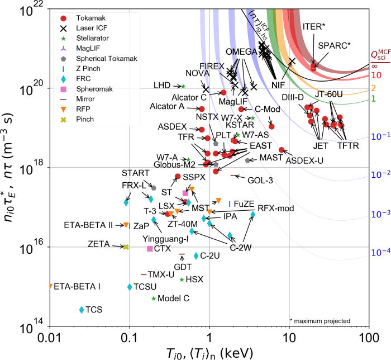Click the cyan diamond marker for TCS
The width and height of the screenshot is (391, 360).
[x=82, y=310]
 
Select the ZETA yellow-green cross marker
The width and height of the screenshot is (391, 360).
[x=126, y=247]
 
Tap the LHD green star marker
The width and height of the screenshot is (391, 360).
[x=183, y=86]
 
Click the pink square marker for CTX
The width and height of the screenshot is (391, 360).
[x=150, y=249]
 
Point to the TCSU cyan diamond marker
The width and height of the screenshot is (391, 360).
[x=130, y=287]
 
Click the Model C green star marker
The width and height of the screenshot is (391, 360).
[x=154, y=299]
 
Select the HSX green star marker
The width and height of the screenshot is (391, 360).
[x=182, y=280]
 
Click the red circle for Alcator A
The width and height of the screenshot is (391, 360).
[x=202, y=109]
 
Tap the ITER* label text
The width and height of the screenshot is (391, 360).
[x=314, y=27]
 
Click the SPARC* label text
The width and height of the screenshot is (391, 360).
[x=334, y=46]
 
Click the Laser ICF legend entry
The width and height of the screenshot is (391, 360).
[x=84, y=28]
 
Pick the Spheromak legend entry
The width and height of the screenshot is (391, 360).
[x=87, y=89]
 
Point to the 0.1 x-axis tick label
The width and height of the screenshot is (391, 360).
[x=130, y=338]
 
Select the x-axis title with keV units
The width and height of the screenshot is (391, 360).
[x=209, y=353]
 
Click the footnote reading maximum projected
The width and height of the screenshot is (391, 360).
[x=320, y=321]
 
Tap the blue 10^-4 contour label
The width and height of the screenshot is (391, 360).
[x=381, y=252]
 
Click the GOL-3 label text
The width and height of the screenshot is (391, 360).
[x=260, y=180]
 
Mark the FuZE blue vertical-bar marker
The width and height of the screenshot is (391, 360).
[x=230, y=204]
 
